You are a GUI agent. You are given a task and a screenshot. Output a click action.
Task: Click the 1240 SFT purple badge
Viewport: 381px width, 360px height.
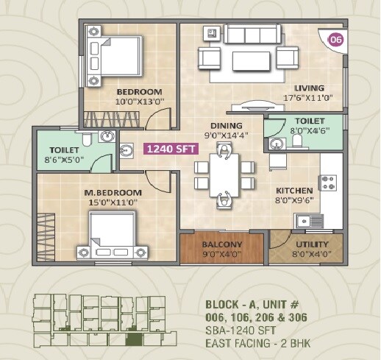[x=170, y=148]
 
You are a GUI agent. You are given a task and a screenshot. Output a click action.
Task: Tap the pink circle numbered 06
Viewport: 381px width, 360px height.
[x=335, y=39]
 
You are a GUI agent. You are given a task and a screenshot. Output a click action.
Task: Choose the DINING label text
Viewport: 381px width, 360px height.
[x=221, y=125]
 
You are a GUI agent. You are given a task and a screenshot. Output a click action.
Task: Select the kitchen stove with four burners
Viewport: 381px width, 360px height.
[x=327, y=180]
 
